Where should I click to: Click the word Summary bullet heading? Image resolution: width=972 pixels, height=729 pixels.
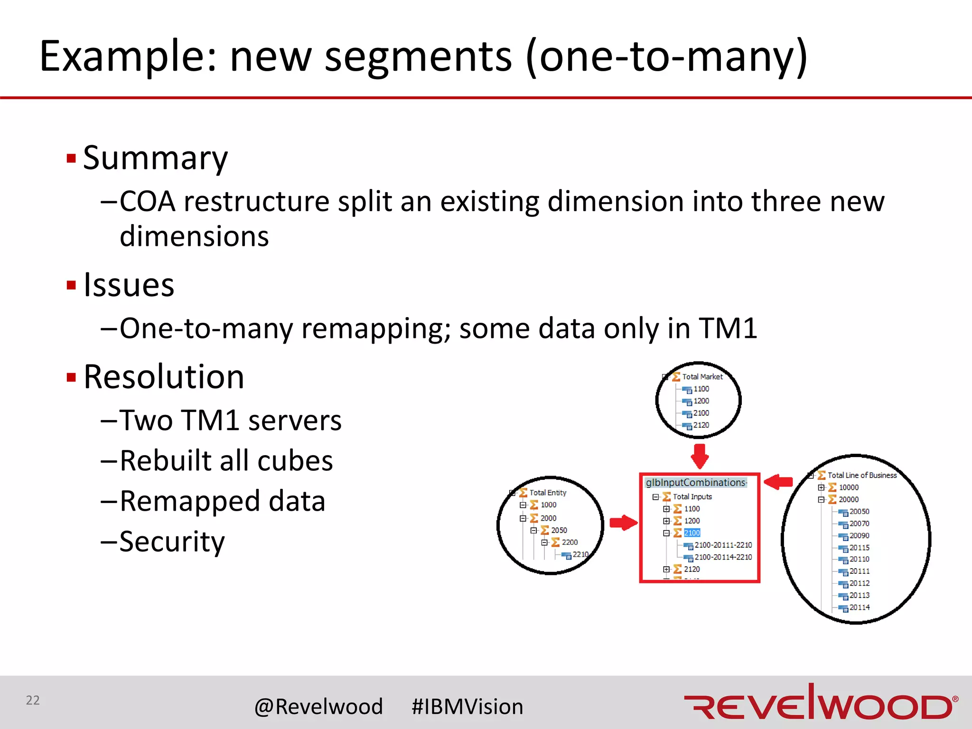click(155, 158)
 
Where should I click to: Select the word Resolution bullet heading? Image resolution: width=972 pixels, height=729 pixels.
click(164, 377)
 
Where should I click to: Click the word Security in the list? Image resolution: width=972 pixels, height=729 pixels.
click(172, 542)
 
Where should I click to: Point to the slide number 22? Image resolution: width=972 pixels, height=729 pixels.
click(33, 700)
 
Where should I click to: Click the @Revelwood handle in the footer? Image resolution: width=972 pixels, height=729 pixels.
click(318, 707)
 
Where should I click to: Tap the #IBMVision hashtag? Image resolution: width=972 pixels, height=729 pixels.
click(467, 707)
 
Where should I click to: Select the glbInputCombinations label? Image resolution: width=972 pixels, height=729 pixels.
click(696, 483)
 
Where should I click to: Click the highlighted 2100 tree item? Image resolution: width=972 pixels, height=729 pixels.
click(692, 533)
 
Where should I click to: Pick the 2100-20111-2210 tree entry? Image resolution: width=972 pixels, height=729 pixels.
click(723, 545)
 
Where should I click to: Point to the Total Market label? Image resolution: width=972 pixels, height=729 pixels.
click(702, 377)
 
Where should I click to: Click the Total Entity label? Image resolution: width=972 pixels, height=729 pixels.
click(548, 493)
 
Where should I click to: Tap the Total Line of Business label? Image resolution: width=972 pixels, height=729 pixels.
click(862, 475)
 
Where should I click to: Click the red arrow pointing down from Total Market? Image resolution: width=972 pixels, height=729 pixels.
click(700, 456)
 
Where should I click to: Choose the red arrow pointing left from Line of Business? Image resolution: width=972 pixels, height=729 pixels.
click(779, 482)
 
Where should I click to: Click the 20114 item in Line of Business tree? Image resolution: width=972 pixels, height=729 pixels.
click(859, 607)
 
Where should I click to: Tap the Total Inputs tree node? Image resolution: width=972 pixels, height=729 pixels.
click(692, 497)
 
